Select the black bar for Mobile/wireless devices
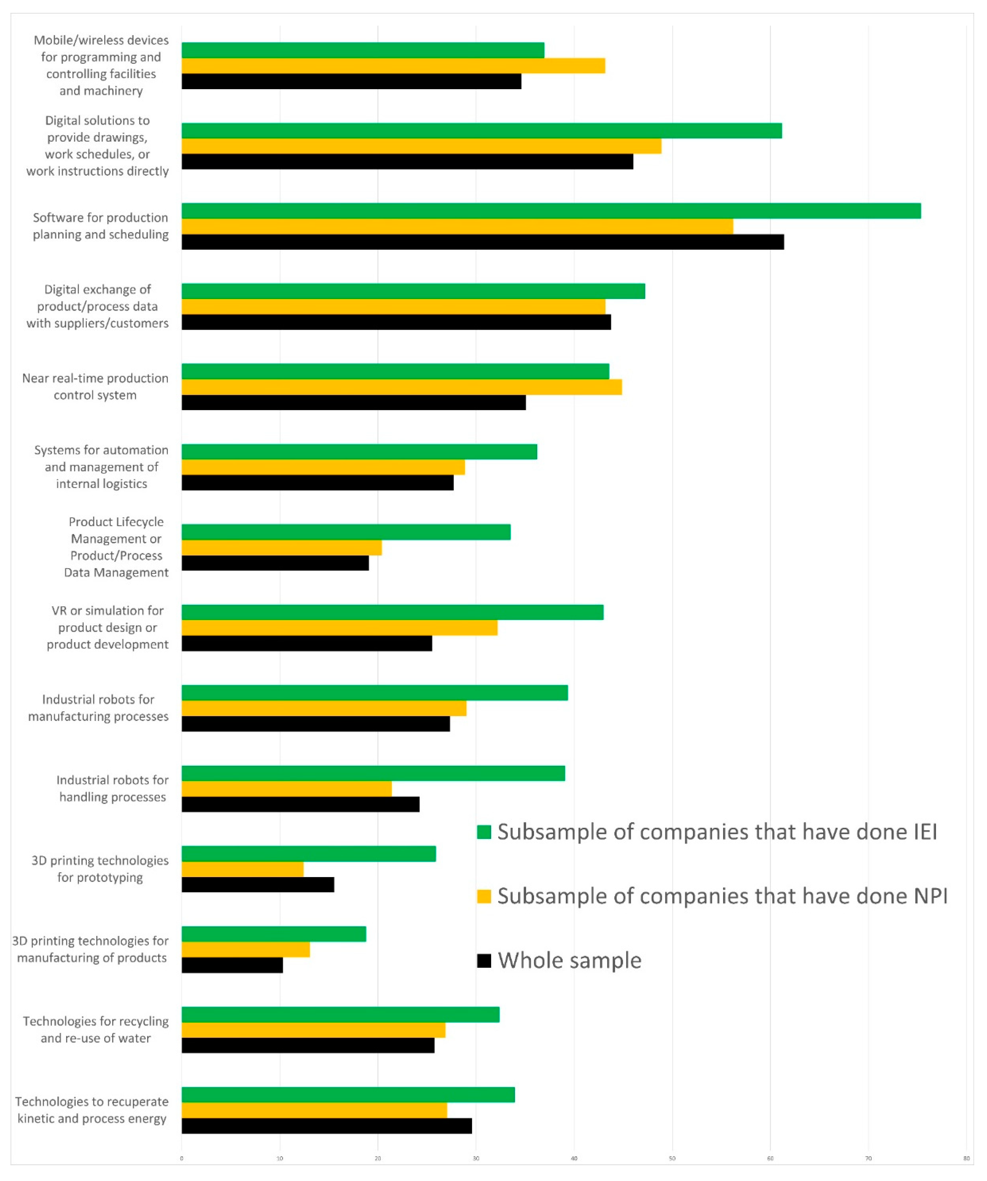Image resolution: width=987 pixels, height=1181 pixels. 352,82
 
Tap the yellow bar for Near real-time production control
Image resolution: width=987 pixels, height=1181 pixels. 401,387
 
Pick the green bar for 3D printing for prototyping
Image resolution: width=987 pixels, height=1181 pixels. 308,854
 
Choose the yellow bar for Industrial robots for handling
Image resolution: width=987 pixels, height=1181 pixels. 286,788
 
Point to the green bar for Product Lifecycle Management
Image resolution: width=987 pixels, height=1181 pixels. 346,532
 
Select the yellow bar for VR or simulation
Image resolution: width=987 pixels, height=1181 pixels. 339,628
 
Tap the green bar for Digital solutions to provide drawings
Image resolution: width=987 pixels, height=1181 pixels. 481,131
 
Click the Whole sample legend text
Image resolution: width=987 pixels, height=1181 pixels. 569,960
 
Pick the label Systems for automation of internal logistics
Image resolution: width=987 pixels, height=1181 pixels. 101,467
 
